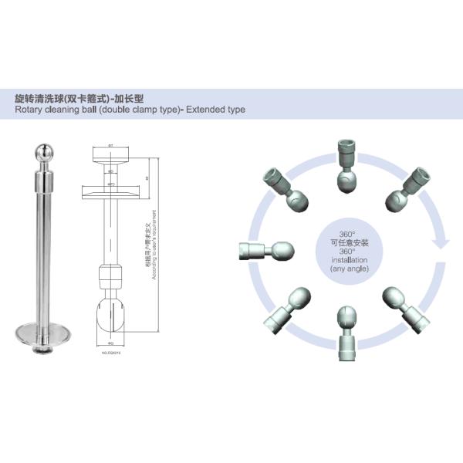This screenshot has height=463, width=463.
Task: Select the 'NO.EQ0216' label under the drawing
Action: click(112, 352)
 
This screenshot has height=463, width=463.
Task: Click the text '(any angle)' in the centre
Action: click(346, 269)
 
